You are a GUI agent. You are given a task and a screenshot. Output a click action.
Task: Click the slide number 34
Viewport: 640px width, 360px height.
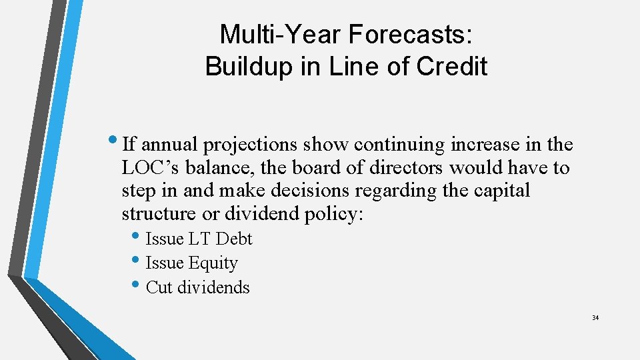595,317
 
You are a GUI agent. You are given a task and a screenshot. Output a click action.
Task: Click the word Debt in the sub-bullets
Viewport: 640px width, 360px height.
234,239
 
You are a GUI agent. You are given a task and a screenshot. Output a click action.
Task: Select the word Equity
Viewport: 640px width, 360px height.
213,263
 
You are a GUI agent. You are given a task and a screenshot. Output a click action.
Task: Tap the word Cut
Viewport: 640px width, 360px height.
159,287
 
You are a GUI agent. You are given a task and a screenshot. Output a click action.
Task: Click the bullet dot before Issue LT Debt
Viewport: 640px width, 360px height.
137,237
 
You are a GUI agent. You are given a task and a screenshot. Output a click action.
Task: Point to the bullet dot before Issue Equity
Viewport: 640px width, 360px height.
137,262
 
